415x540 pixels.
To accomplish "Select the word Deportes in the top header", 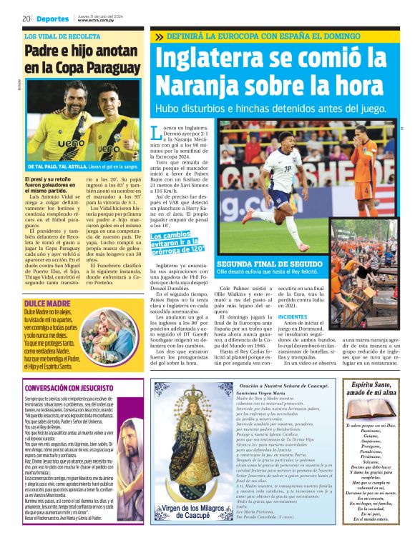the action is [x=53, y=19].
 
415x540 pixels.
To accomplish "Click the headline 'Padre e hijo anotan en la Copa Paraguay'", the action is [x=79, y=59].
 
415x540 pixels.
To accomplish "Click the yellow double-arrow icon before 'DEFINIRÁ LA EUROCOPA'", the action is [x=159, y=36].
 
